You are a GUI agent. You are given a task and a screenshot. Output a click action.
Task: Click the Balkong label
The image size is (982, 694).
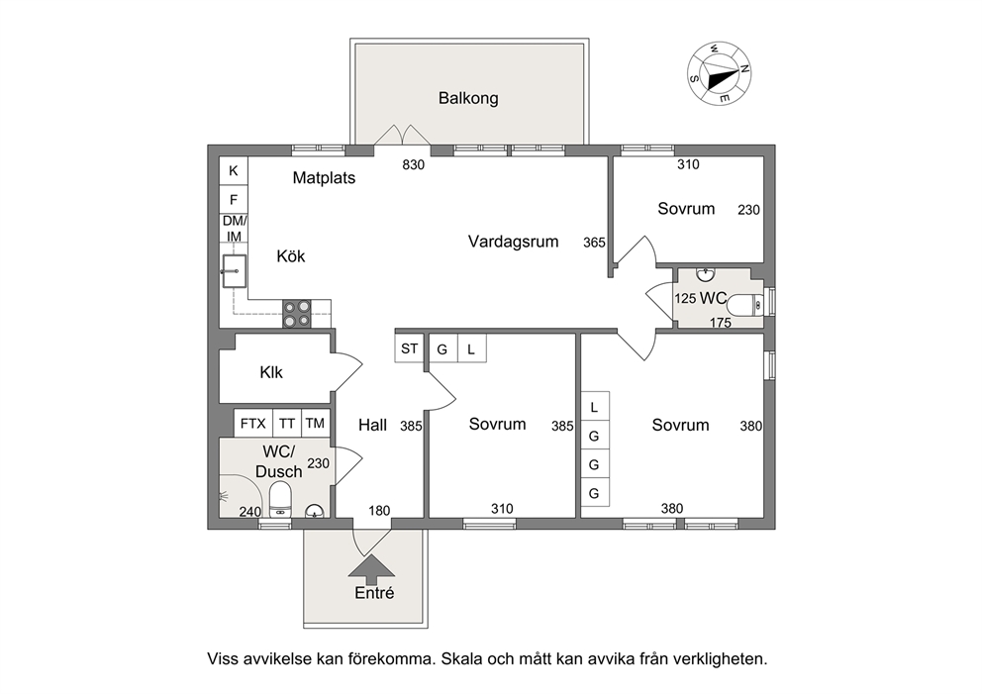coord(468,98)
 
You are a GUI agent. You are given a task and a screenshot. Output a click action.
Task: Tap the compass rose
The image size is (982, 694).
coord(719,74)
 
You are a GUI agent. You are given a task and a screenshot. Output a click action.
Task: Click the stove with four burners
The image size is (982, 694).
coord(297,313)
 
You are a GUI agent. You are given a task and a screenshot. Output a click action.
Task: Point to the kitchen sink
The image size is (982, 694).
coord(234,271)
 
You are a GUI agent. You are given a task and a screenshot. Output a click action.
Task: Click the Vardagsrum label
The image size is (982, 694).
coord(513,242)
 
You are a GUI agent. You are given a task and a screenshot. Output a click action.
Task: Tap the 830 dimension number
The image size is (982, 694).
coord(414,164)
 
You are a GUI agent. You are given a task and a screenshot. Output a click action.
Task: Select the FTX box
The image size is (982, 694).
coord(253,424)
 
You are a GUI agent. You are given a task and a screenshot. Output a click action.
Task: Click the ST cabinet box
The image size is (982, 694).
coord(410,348)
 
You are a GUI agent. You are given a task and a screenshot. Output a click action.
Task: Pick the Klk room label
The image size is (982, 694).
coord(271,372)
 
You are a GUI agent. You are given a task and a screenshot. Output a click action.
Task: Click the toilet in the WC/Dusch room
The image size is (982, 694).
coord(280,502)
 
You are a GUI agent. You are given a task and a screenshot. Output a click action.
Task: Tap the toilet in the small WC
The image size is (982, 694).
coord(747,305)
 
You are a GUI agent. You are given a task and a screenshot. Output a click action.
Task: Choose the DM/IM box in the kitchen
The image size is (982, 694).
coord(234,229)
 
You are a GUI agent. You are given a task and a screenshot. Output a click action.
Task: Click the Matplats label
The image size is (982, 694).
coord(324,178)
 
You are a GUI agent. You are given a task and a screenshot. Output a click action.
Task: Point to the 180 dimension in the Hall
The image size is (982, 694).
coord(379,511)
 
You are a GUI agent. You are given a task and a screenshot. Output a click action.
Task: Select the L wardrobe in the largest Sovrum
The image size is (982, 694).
coord(594,407)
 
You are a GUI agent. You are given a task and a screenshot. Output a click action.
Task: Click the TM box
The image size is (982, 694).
coord(315,424)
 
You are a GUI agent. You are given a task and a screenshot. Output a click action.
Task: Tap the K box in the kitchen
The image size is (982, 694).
coord(234,170)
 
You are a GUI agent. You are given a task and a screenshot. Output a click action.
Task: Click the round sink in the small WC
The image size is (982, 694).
coord(706,273)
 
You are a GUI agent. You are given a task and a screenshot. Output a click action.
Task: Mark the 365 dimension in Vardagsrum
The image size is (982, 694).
coord(594,243)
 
